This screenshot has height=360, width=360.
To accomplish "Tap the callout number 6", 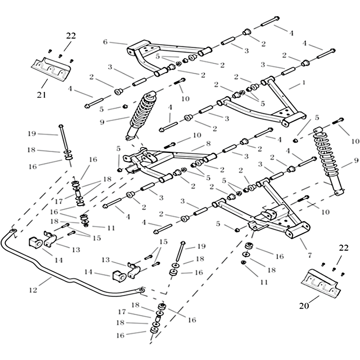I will click(105, 41).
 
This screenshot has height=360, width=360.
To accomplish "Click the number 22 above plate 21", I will click(71, 35).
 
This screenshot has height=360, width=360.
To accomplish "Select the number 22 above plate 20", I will click(344, 247).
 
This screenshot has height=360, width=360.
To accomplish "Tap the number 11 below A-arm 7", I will click(264, 282).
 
